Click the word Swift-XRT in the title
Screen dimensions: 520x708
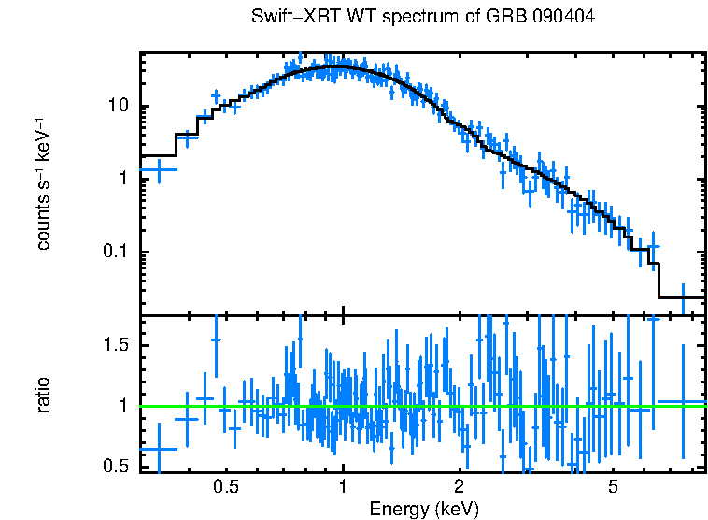coord(287,18)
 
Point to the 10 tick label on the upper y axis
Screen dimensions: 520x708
coord(118,106)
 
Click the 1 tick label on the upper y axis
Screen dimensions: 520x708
coord(122,179)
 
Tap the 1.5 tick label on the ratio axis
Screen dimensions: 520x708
coord(116,345)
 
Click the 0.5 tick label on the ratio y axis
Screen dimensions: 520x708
coord(116,467)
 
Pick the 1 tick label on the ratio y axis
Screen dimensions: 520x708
coord(122,406)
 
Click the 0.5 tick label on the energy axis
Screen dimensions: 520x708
coord(225,487)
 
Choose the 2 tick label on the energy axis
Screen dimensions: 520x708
coord(459,487)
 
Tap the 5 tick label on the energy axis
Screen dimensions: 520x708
coord(613,487)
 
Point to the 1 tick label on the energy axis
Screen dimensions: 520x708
coord(343,487)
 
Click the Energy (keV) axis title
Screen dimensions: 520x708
coord(423,509)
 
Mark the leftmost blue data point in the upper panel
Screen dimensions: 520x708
coord(158,170)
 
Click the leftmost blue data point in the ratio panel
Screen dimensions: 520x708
coord(158,449)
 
